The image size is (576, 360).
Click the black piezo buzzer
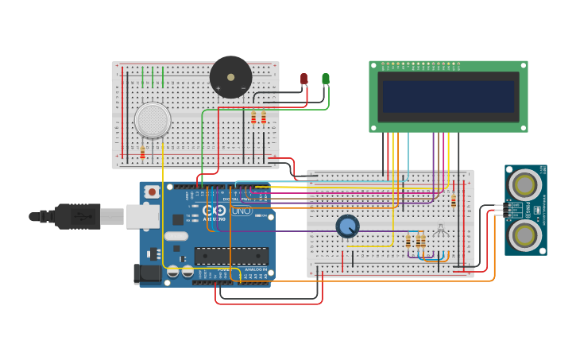pos(230,77)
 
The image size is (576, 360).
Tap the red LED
pos(303,79)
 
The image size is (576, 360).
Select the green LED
pos(326,78)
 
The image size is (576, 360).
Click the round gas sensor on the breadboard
pos(153,120)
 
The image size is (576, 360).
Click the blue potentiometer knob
pos(347,226)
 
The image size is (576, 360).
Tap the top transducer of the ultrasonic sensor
pos(524,185)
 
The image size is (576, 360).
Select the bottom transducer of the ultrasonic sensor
pos(525,234)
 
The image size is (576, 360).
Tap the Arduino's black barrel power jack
pos(149,273)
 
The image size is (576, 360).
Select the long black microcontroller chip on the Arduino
pos(231,256)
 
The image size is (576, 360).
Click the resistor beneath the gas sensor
pos(143,153)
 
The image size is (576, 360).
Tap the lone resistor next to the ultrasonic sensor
pos(454,200)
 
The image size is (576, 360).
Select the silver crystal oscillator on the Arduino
pos(176,236)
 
